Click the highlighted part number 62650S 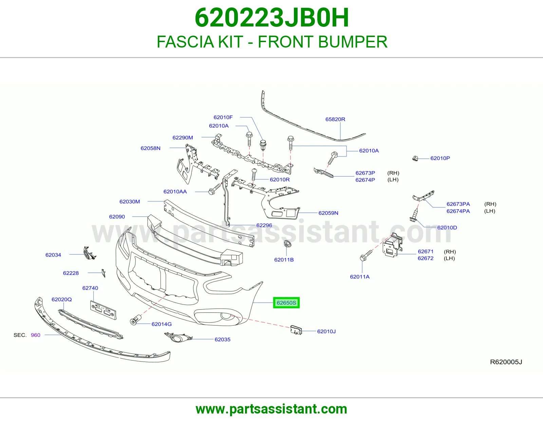(x=286, y=303)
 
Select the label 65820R (x=335, y=119)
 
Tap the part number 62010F (x=223, y=117)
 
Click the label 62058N (x=150, y=148)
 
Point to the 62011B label (x=284, y=260)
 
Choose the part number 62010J (x=326, y=331)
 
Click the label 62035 (x=222, y=340)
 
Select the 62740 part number (x=90, y=288)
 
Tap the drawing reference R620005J (x=506, y=362)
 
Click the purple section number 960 (x=36, y=335)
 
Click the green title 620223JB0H (x=271, y=18)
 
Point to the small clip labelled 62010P (x=415, y=158)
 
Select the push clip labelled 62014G (x=135, y=320)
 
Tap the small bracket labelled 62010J (x=296, y=330)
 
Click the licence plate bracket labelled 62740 (x=103, y=310)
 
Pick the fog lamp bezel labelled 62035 (x=178, y=337)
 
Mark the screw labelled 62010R (x=254, y=175)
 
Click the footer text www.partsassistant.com (x=271, y=409)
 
